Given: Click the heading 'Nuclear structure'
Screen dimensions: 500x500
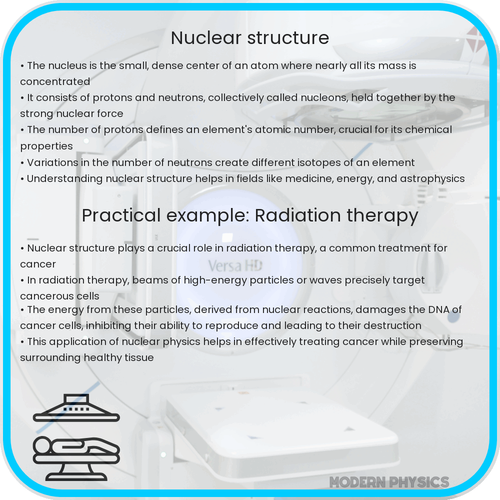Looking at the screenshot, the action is click(x=250, y=38).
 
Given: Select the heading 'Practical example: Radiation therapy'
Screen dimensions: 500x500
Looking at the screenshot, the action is click(x=250, y=215).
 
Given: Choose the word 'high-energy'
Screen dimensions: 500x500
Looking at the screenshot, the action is click(x=215, y=280).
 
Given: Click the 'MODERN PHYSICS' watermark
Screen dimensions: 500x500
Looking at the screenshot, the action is click(x=389, y=482).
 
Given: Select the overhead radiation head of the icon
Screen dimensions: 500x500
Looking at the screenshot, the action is click(x=76, y=407).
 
